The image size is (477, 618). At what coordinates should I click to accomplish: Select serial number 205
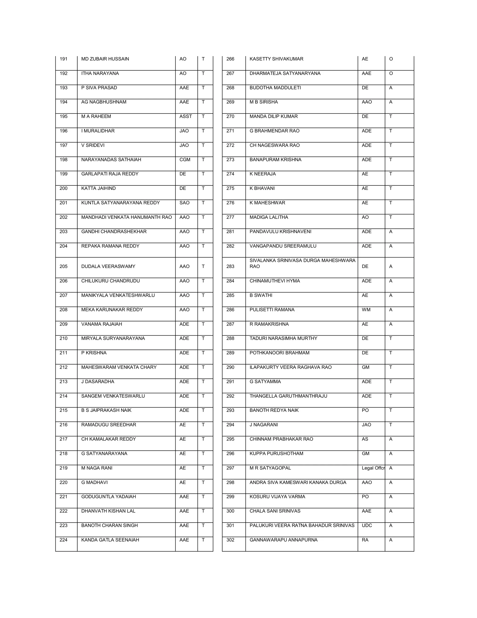point(64,267)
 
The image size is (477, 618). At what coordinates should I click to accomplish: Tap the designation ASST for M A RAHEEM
point(185,117)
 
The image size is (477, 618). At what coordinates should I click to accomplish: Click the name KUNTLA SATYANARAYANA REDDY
point(120,203)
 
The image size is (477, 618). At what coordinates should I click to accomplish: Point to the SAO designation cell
point(184,203)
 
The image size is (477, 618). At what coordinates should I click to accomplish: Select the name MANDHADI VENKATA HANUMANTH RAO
point(126,217)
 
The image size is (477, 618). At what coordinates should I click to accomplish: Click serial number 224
point(64,540)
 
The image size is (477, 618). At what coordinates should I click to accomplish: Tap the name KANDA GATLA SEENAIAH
point(110,540)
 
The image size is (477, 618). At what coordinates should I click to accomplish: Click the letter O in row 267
point(391,73)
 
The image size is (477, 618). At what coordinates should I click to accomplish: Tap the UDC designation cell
point(367,525)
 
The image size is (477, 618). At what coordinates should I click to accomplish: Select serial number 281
point(230,232)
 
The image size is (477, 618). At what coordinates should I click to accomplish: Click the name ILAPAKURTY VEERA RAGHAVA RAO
point(290,367)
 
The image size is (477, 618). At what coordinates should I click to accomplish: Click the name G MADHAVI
point(94,483)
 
